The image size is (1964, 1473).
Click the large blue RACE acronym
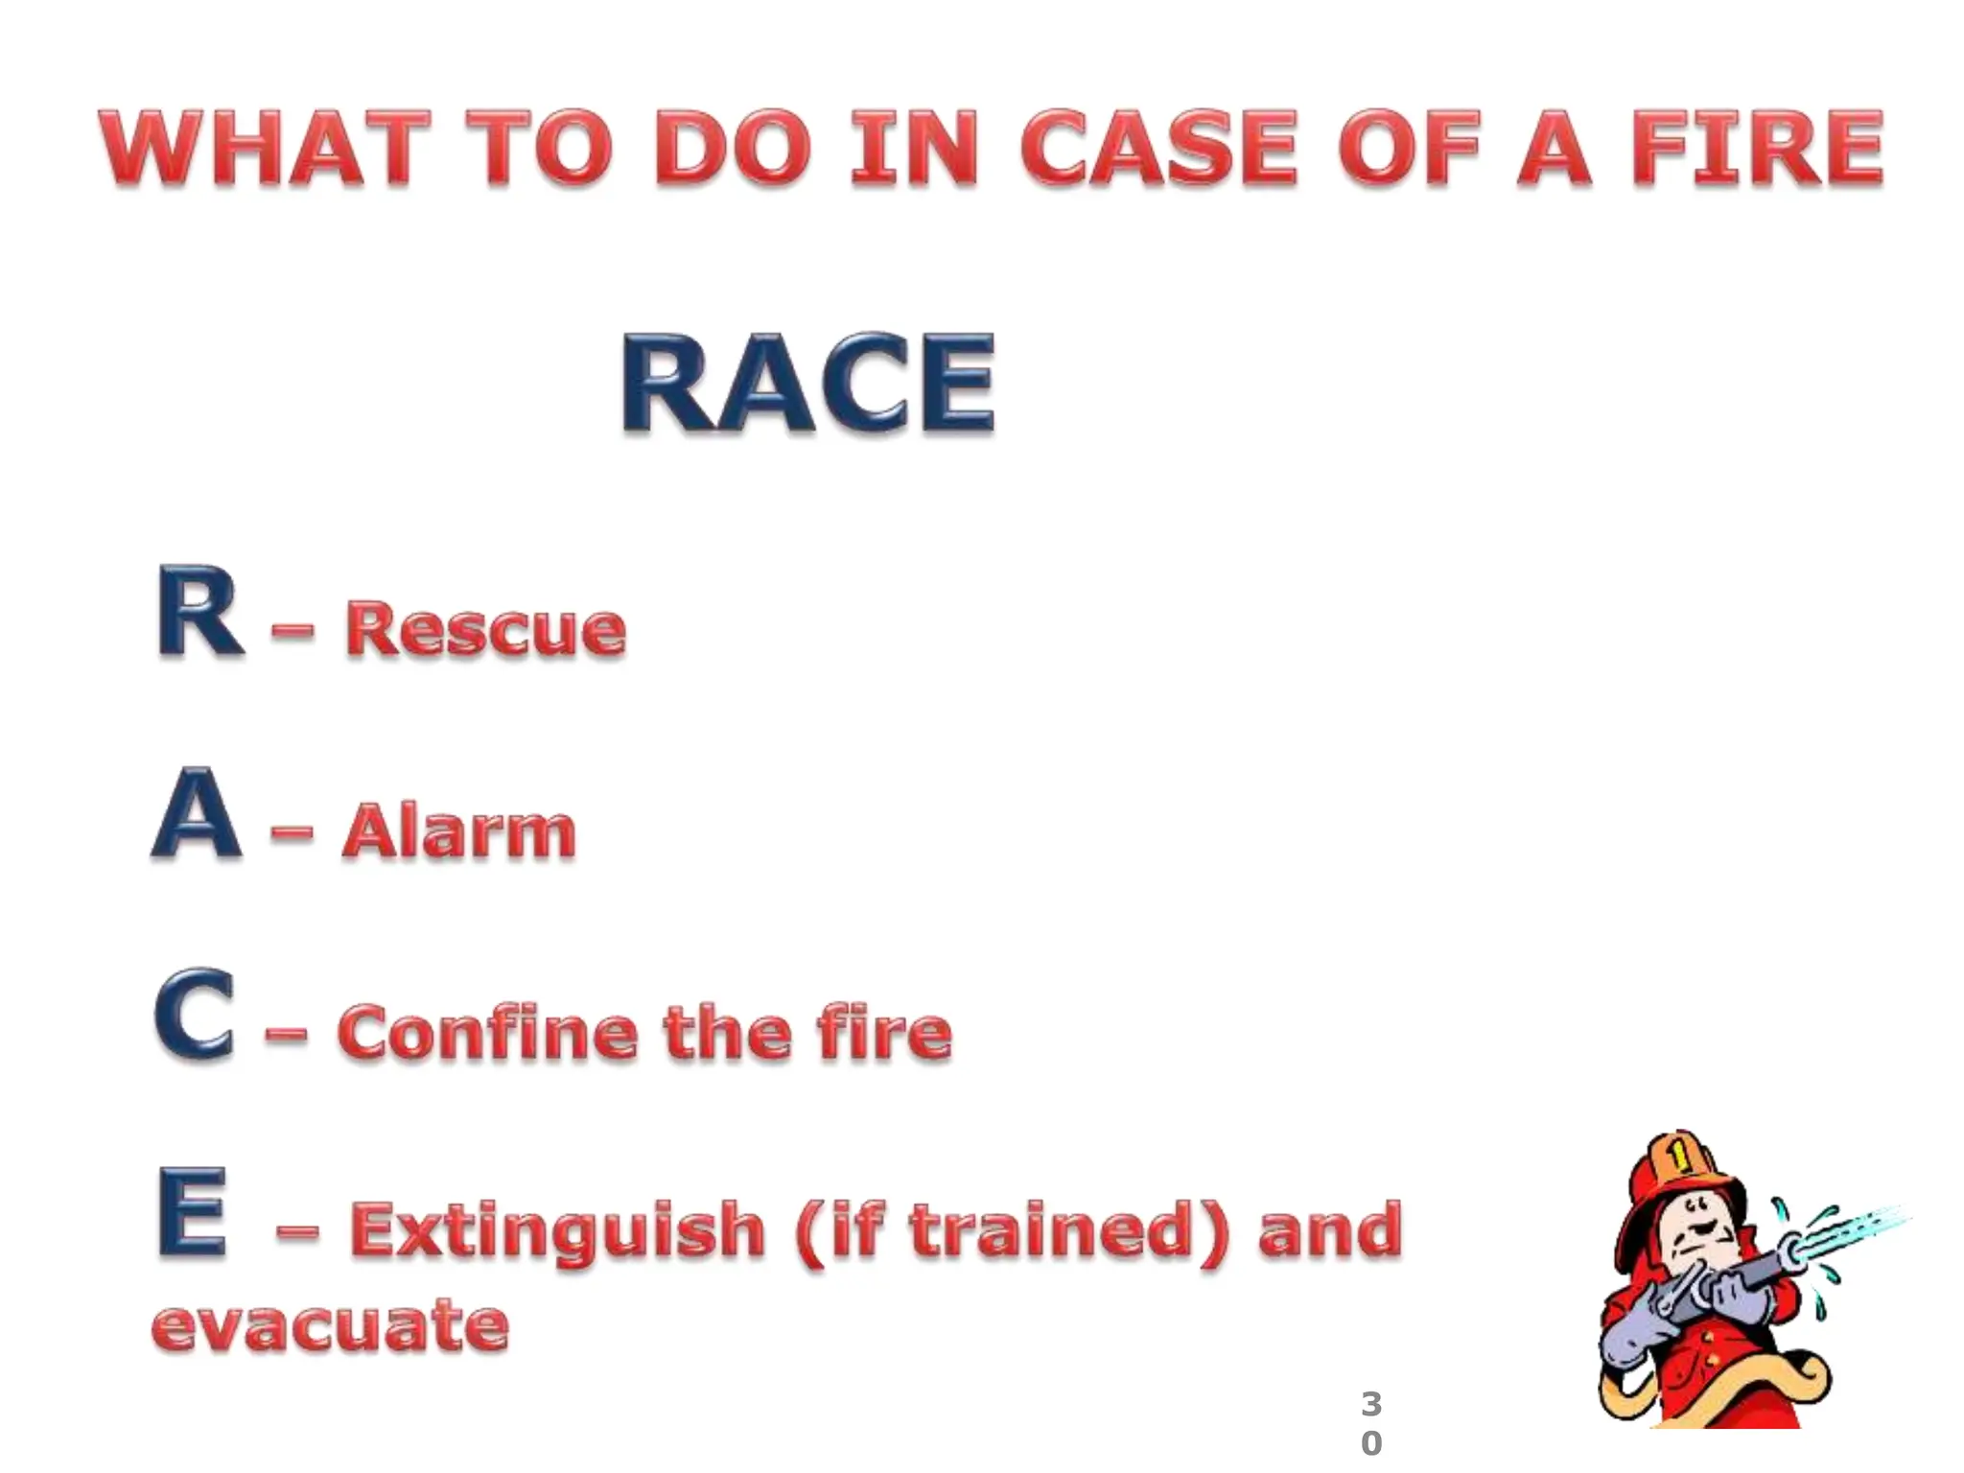click(x=807, y=384)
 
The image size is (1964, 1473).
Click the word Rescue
click(x=485, y=629)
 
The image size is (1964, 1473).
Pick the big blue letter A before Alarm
click(x=197, y=815)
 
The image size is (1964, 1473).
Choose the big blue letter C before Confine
click(x=195, y=1017)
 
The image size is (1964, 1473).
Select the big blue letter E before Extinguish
click(x=193, y=1212)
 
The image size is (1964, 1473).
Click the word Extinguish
click(x=557, y=1230)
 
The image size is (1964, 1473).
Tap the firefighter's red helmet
click(x=1680, y=1172)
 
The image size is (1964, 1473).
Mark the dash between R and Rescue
click(x=292, y=630)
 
